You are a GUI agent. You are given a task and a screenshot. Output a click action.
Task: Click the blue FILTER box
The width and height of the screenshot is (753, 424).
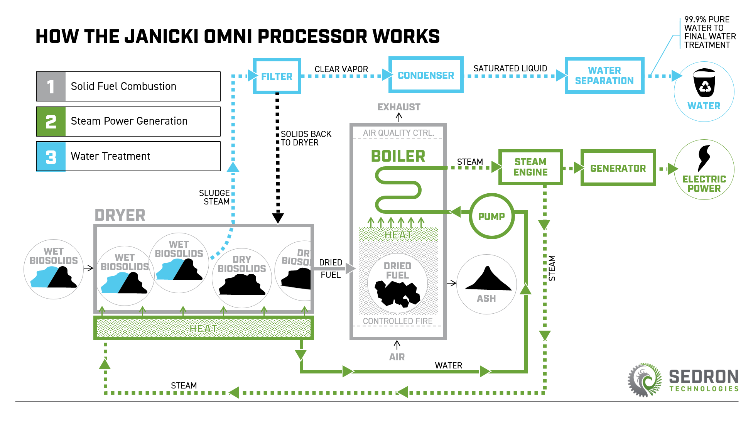tap(277, 76)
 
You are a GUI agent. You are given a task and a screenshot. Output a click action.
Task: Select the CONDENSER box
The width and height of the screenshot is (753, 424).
tap(426, 75)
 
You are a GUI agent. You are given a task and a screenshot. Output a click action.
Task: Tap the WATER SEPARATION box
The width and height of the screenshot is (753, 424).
tap(604, 75)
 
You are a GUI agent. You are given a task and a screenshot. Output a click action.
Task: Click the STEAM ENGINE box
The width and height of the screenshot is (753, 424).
tap(530, 167)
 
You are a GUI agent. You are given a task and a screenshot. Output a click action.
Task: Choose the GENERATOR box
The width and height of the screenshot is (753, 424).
tap(618, 168)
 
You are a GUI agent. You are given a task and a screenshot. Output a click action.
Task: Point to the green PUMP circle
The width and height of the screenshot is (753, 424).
tap(491, 216)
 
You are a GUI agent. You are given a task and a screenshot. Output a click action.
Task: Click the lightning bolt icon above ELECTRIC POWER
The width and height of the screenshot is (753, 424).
tap(704, 158)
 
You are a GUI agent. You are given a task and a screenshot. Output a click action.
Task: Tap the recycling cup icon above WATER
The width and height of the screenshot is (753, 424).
tap(704, 83)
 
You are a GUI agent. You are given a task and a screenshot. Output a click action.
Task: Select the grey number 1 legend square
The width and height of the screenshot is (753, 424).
tap(51, 86)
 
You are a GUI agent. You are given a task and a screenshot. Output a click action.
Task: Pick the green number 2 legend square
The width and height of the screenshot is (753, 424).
tap(51, 122)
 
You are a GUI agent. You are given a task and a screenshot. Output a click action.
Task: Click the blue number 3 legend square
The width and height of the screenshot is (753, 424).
tap(51, 156)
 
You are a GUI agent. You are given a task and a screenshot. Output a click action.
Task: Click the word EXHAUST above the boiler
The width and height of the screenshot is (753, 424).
tap(399, 107)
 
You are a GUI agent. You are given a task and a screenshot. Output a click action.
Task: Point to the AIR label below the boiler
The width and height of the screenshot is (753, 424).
tap(397, 357)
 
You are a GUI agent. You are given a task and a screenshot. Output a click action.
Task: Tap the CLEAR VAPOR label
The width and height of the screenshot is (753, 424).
tap(341, 69)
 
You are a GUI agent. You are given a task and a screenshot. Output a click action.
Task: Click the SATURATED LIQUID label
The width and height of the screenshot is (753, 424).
tap(510, 68)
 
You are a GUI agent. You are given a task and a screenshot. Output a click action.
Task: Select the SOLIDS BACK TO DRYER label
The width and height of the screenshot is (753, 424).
tap(306, 138)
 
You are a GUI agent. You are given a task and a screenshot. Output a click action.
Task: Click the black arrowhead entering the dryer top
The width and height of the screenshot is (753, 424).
tap(278, 218)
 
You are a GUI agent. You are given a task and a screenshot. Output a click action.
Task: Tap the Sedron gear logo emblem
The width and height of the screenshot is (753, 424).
tap(645, 380)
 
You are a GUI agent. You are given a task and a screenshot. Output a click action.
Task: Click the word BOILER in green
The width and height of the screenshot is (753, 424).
tap(398, 156)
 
